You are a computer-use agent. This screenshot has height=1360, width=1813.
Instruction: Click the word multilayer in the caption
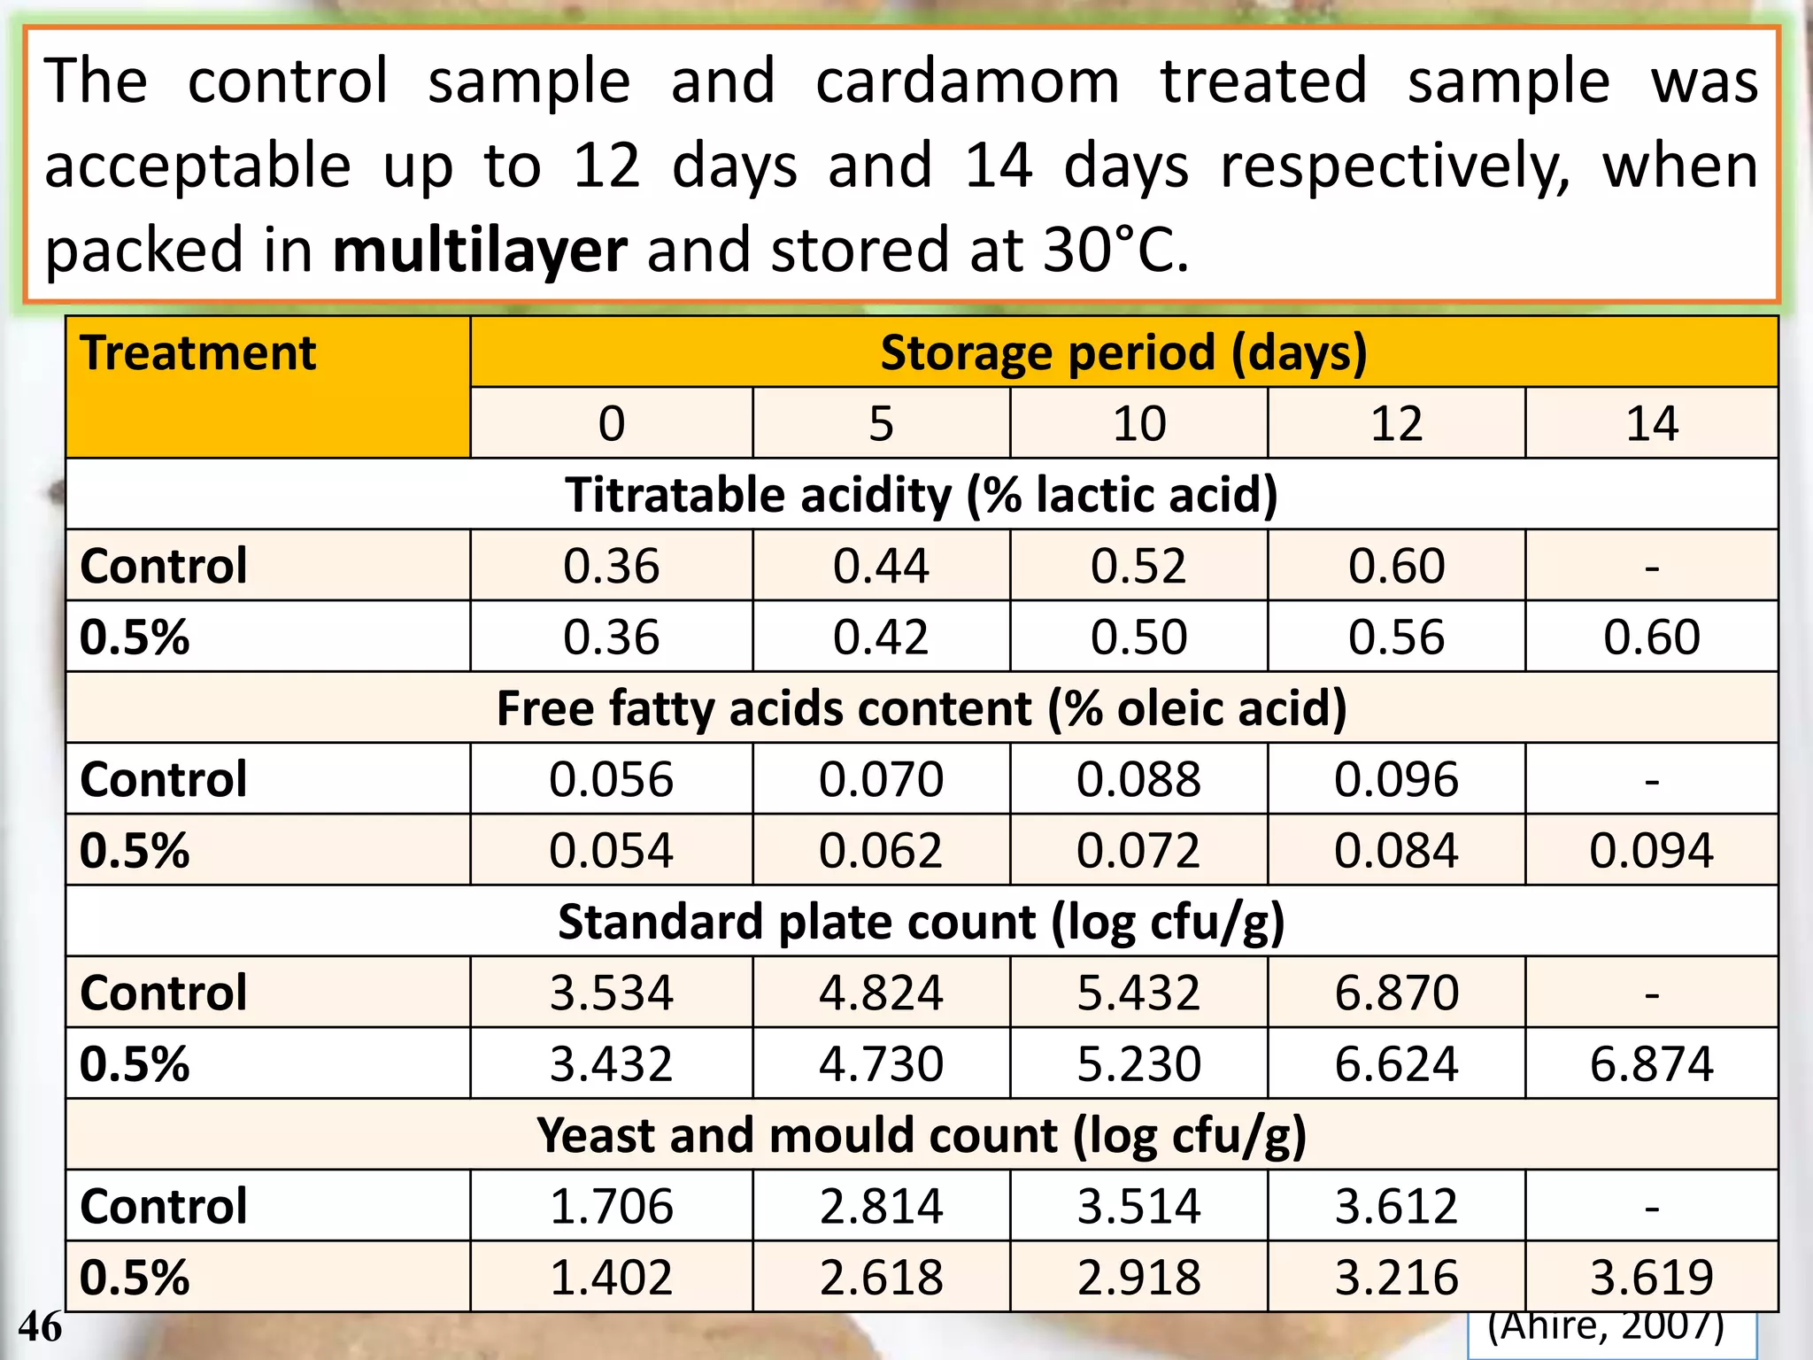(x=480, y=251)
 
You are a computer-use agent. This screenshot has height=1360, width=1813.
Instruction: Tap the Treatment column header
(x=197, y=353)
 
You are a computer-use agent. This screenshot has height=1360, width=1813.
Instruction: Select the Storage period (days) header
(x=1123, y=352)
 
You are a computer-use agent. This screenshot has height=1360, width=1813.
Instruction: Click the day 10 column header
(x=1138, y=424)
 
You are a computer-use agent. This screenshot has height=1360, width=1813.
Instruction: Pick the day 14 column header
(x=1651, y=424)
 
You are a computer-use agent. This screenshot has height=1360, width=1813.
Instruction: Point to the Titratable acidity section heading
(x=922, y=494)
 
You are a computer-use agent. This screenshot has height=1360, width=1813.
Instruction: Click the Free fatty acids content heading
(x=922, y=708)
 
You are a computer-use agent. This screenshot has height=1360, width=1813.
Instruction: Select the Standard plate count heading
(x=922, y=922)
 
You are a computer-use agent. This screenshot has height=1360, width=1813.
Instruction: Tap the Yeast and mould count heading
(x=922, y=1135)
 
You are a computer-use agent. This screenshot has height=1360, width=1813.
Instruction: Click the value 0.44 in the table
(x=881, y=566)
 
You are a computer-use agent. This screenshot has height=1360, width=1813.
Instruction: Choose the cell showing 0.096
(x=1396, y=780)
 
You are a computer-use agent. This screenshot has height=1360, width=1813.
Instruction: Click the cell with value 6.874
(x=1651, y=1064)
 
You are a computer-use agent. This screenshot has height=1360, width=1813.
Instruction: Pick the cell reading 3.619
(x=1651, y=1278)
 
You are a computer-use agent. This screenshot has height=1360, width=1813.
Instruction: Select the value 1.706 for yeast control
(x=611, y=1207)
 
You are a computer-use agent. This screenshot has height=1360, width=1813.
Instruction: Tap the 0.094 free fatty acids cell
(x=1651, y=851)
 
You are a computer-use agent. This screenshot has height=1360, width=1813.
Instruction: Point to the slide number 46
(x=40, y=1327)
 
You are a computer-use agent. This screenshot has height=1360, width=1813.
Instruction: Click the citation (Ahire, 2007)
(x=1606, y=1327)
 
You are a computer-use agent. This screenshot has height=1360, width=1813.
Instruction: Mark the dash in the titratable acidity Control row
(x=1651, y=567)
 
